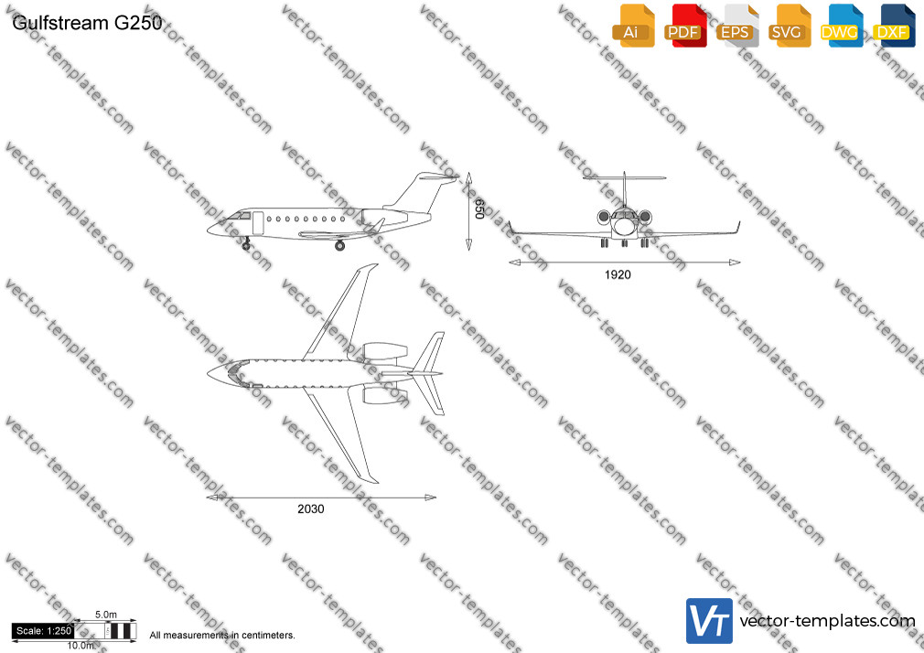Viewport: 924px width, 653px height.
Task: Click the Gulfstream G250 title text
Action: pos(87,22)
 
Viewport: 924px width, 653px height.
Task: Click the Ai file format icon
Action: pos(633,26)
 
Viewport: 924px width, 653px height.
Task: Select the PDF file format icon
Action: pos(685,26)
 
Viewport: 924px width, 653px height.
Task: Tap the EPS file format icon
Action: pos(737,26)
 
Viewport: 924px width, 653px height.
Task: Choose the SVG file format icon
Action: pos(789,26)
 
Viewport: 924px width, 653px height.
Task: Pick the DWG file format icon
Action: pos(842,26)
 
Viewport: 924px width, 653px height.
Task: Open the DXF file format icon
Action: pos(894,26)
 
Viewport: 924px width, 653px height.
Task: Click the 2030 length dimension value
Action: pos(310,508)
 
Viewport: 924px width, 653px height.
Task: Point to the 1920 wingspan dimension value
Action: pos(618,274)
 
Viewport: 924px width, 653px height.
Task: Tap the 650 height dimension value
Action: pos(479,209)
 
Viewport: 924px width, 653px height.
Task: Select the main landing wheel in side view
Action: pos(340,246)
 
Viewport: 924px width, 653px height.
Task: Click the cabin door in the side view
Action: pos(258,223)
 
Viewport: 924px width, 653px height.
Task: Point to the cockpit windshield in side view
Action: pos(240,216)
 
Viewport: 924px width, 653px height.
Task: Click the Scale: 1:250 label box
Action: pos(44,631)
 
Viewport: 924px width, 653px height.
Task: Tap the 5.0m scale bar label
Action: pos(106,615)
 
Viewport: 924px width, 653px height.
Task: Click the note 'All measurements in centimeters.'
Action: pos(222,636)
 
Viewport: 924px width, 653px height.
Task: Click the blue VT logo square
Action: pos(710,621)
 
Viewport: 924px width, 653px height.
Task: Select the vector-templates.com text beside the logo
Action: pos(827,621)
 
